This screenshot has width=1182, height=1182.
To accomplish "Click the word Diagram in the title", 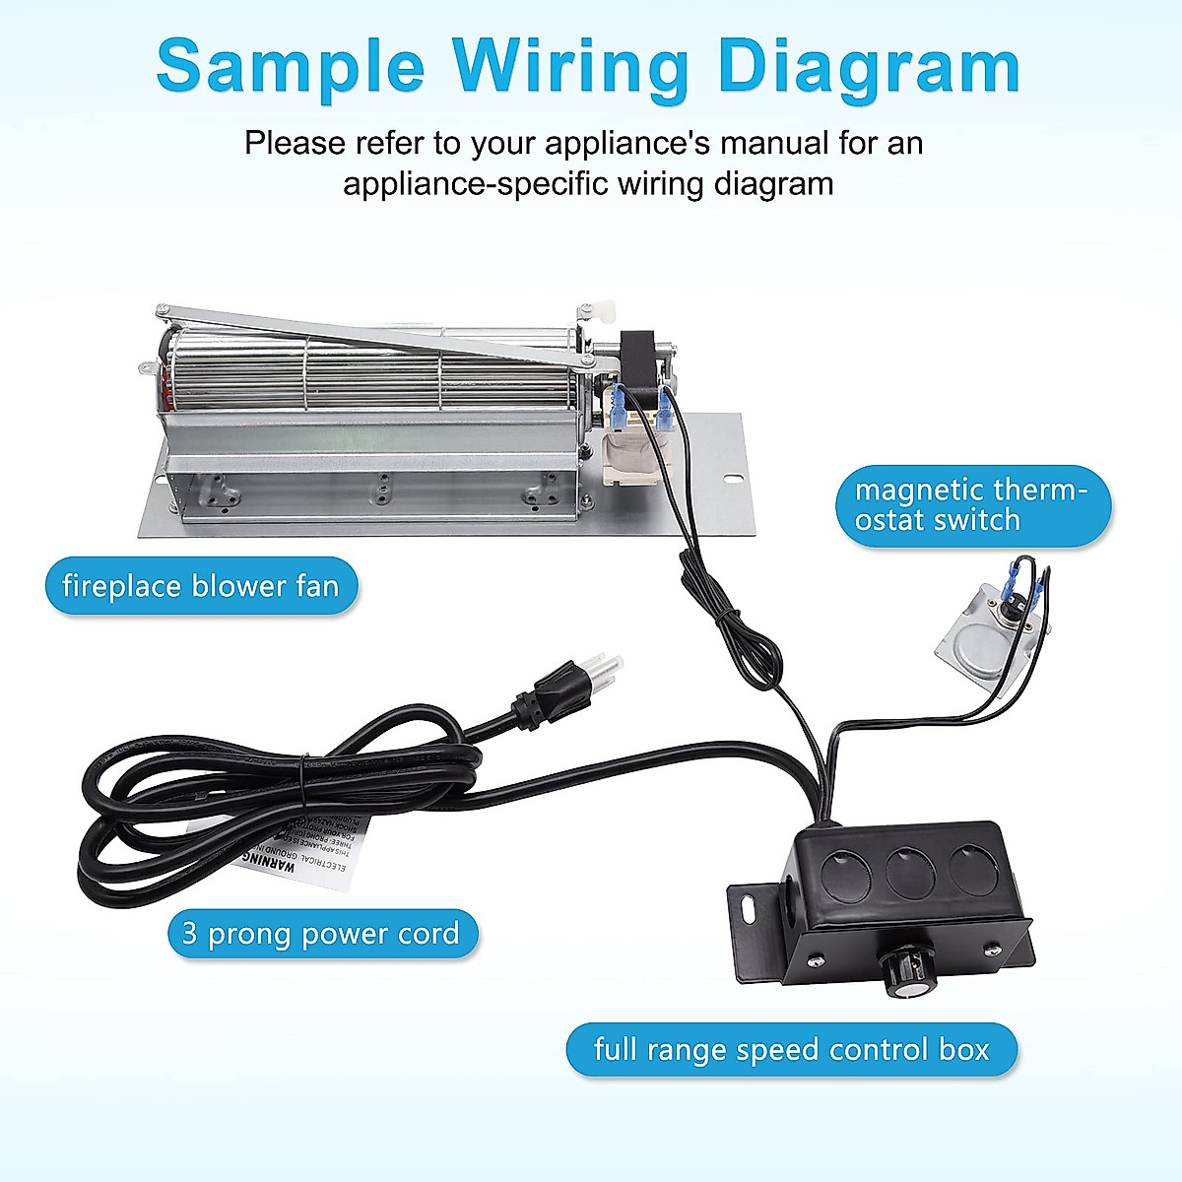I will pyautogui.click(x=871, y=67).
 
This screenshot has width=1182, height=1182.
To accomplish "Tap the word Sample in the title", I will pyautogui.click(x=290, y=67).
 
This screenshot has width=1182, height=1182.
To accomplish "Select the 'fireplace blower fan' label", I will pyautogui.click(x=201, y=587).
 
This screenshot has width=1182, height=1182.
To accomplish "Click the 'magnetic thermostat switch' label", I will pyautogui.click(x=972, y=505).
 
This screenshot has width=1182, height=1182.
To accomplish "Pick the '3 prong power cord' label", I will pyautogui.click(x=321, y=934).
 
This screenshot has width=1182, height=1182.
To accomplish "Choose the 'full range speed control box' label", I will pyautogui.click(x=791, y=1049).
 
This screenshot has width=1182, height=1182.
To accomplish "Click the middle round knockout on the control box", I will pyautogui.click(x=911, y=874).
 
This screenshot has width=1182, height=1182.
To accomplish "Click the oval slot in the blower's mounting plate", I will pyautogui.click(x=733, y=480).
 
